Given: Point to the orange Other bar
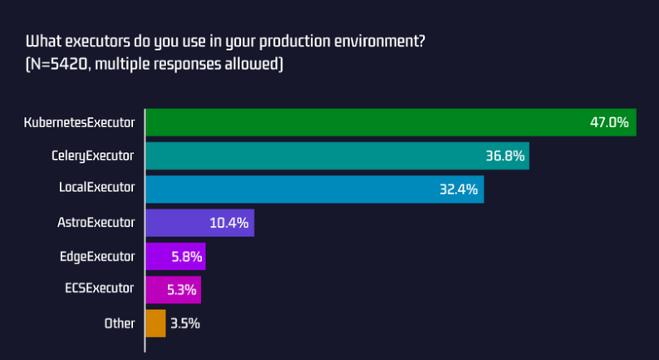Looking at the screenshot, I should pos(155,323).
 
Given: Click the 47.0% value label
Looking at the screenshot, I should pos(608,122).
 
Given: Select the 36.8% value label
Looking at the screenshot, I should pos(504,155).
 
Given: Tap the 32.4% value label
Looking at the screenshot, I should pos(458,189).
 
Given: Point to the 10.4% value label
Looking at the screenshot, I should pos(230,223).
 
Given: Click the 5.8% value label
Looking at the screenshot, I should pos(186,256).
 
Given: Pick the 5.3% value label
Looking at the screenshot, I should pos(182,289).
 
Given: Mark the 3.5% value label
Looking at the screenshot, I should pos(184,323).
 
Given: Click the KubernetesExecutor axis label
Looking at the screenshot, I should pos(79,122).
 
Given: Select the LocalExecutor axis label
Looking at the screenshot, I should pos(96,189).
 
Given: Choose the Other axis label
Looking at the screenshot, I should pos(119,323).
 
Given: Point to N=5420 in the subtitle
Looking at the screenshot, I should pos(62,64).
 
